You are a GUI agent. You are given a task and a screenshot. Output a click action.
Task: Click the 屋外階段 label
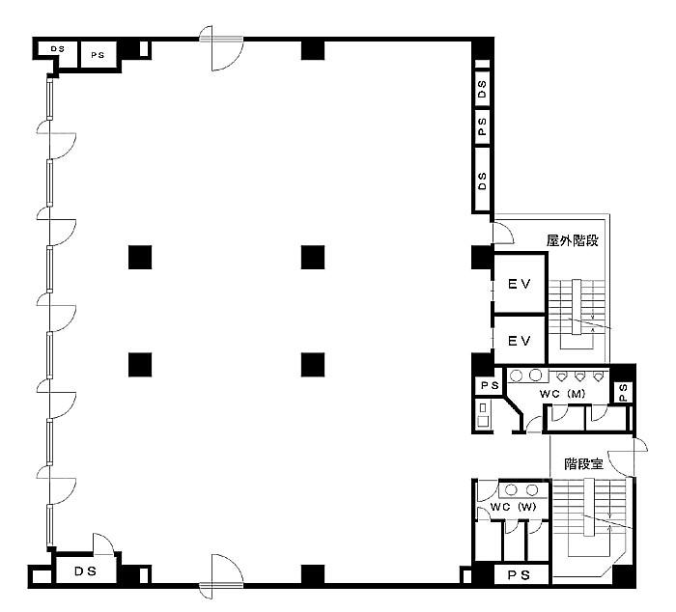click(x=573, y=240)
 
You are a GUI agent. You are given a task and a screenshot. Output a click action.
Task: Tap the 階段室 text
click(x=583, y=464)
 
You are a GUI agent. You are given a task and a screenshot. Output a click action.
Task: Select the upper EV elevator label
click(x=520, y=284)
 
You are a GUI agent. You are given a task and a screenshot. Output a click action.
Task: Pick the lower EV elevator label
click(x=520, y=341)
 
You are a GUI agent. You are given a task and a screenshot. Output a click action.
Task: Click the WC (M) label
click(x=562, y=394)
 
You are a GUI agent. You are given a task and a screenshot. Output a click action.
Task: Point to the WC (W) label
click(x=513, y=507)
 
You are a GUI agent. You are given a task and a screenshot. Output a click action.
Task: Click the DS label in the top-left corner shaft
click(x=57, y=49)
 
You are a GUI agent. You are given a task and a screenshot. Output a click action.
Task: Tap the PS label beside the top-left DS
click(x=98, y=55)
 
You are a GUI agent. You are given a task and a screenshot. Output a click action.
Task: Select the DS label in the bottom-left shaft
click(x=85, y=571)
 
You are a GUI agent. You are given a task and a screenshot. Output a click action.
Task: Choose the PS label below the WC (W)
click(x=519, y=575)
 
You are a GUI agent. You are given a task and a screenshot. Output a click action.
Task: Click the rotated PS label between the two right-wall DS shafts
click(x=482, y=126)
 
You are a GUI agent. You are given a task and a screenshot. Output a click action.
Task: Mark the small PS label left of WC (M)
click(x=490, y=385)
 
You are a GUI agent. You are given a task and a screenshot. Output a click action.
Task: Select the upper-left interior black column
click(x=140, y=258)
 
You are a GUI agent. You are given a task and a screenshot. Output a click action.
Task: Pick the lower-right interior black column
click(x=313, y=365)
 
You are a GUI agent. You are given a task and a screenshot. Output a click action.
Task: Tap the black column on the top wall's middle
click(x=313, y=49)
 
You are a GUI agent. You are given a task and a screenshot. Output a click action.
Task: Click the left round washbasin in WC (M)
click(x=516, y=376)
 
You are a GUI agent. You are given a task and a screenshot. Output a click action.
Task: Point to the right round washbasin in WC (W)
click(x=532, y=490)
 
